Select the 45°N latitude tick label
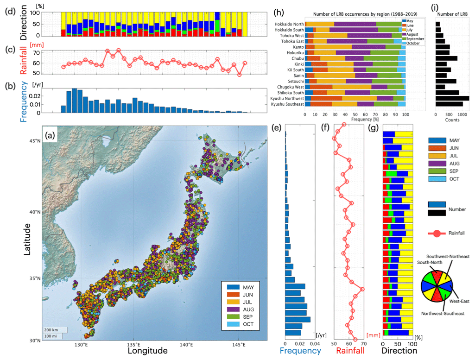[x=32, y=140]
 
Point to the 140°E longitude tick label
[x=186, y=345]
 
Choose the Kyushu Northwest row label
[x=283, y=98]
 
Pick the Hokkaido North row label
[x=287, y=24]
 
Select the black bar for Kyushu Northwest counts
[x=452, y=98]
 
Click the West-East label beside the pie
[x=459, y=302]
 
